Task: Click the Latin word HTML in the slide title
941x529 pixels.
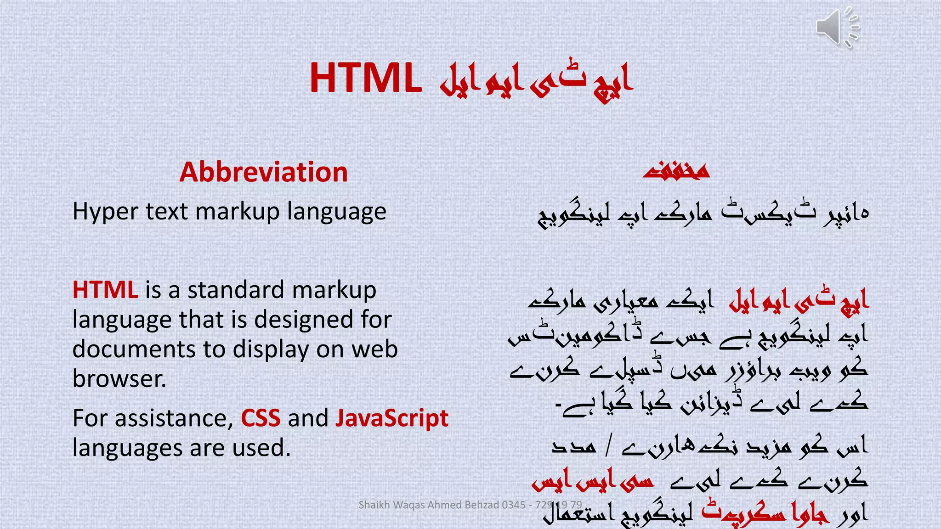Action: (366, 78)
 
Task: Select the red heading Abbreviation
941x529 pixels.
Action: (263, 172)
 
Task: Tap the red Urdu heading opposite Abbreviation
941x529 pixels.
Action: (676, 171)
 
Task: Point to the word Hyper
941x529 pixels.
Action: (105, 212)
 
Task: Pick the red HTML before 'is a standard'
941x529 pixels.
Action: (105, 290)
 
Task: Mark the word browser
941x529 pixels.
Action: (119, 379)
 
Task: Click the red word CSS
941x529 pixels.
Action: (261, 418)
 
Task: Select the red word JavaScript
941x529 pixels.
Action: (391, 419)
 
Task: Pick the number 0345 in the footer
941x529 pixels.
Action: (513, 505)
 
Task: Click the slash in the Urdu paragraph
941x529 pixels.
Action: (609, 446)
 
